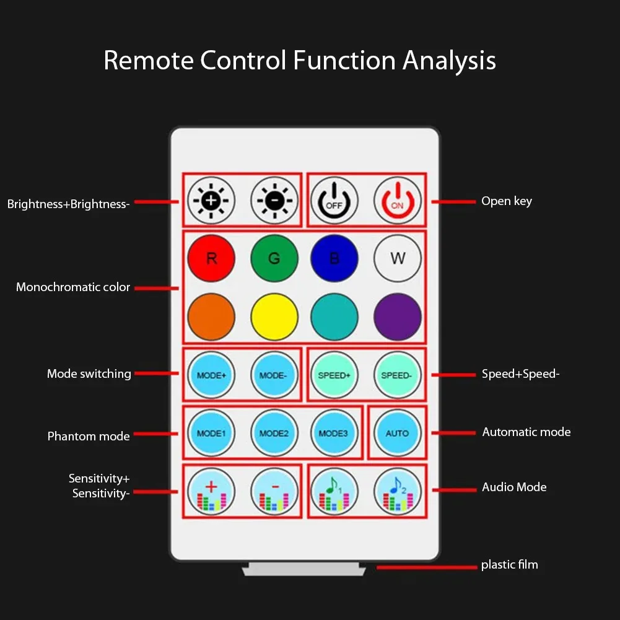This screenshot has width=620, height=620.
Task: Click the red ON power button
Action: point(397,201)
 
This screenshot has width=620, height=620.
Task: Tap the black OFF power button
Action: point(334,201)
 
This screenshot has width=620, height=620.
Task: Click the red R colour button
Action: point(211,258)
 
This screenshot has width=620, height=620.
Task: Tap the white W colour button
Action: point(398,258)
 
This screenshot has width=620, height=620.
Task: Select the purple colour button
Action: point(398,317)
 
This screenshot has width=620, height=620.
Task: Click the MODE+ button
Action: point(211,375)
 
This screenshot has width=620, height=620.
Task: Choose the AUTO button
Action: point(398,433)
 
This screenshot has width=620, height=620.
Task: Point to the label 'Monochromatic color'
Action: point(73,287)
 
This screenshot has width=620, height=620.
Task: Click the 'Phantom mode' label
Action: point(89,436)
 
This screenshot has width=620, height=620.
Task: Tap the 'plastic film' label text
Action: point(509,565)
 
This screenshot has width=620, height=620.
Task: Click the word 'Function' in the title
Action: point(344,61)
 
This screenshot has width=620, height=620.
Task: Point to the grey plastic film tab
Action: point(303,569)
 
